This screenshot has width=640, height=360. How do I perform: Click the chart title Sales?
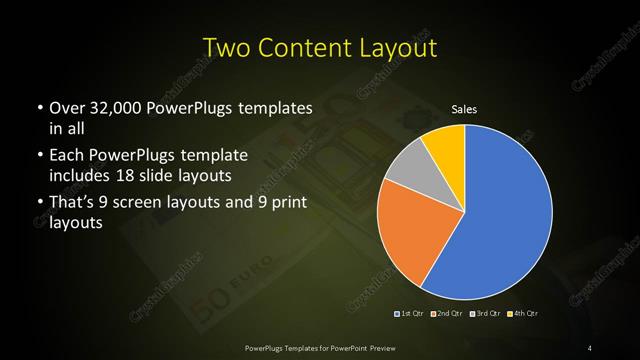click(464, 109)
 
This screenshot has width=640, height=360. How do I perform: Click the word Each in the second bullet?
click(67, 156)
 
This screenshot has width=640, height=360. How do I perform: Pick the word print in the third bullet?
click(290, 205)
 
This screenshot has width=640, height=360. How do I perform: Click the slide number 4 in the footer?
click(591, 347)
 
